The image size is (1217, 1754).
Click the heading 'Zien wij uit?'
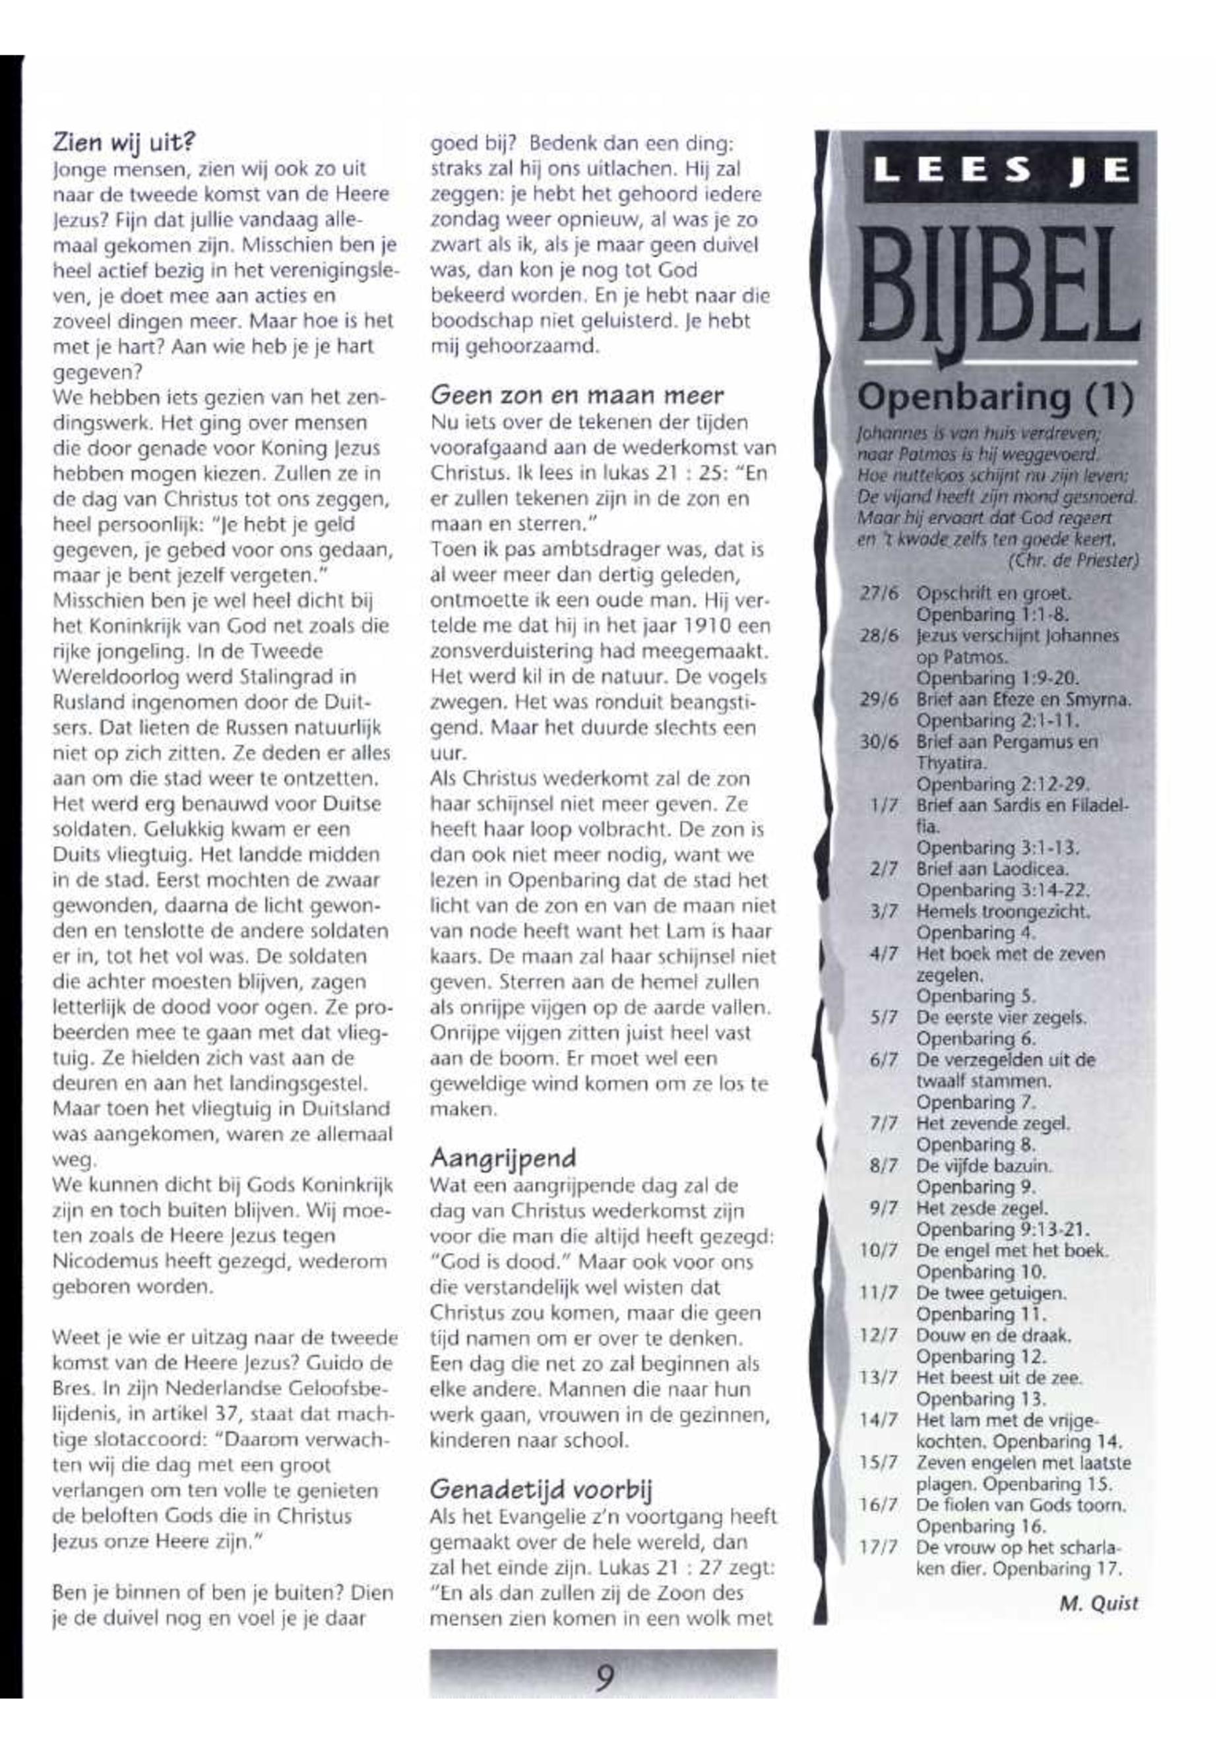[124, 142]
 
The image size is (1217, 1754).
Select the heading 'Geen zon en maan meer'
[577, 396]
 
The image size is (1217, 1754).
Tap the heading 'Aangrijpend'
[503, 1158]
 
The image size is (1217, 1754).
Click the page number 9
[604, 1676]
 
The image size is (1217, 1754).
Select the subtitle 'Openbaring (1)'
[996, 397]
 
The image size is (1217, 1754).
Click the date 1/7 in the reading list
[886, 806]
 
